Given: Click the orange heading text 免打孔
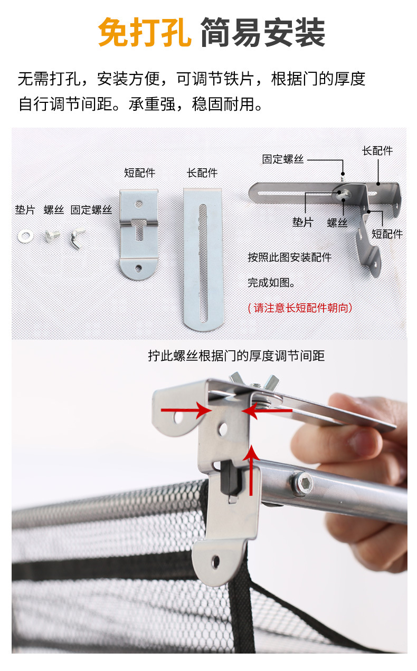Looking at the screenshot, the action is coord(145,32).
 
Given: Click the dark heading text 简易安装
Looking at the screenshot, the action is coord(263,32).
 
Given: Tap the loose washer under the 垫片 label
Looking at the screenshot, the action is coord(25,236).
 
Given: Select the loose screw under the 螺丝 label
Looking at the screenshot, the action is coord(52,235).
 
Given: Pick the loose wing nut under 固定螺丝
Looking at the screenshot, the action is coord(78,238).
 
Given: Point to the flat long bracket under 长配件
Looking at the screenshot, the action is coord(203,260).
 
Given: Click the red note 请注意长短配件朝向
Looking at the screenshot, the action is coord(300,308).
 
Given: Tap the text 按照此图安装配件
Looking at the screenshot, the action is coord(290,257).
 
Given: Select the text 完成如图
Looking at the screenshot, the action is coord(271,282).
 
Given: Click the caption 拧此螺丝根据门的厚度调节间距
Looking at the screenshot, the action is coord(236,356).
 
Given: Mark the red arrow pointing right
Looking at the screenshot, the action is coord(186,410).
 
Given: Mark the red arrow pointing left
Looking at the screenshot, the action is coord(267,410).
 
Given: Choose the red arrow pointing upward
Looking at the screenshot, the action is coord(251,471).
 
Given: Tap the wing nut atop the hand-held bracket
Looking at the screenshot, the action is coord(254,381).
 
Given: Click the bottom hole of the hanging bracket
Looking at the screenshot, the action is coord(215,561).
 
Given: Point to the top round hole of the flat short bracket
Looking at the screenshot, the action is coord(138,205).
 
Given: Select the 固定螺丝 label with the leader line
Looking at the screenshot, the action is coord(283,159).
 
